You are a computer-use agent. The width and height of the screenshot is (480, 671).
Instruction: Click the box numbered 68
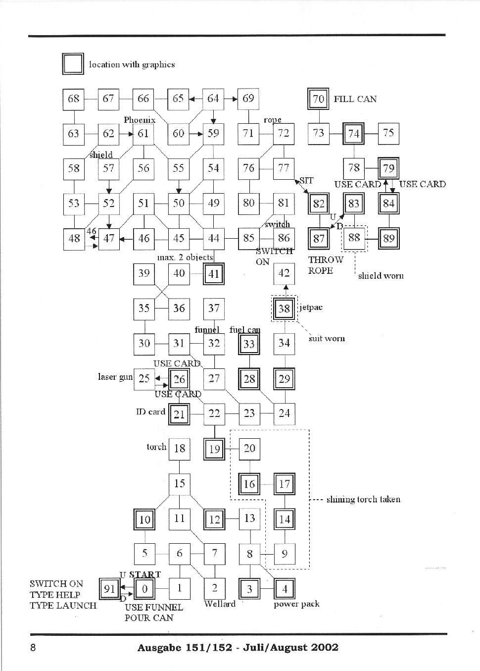(74, 99)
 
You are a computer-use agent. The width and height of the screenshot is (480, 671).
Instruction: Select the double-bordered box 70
(319, 99)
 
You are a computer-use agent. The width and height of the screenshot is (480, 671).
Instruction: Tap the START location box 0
(144, 589)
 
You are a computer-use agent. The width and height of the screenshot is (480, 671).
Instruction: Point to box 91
(109, 589)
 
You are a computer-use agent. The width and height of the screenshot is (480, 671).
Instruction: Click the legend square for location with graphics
(73, 64)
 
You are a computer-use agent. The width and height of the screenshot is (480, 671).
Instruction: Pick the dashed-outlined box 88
(354, 238)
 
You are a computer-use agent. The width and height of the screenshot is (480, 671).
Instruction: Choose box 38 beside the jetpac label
(284, 309)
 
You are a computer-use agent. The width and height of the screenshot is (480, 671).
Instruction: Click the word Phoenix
(140, 120)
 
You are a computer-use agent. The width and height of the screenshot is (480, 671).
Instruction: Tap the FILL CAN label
(355, 99)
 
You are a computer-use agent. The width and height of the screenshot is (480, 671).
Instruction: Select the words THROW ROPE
(325, 265)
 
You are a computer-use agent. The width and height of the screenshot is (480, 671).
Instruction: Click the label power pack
(296, 604)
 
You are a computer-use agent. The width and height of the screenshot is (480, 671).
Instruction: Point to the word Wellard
(220, 604)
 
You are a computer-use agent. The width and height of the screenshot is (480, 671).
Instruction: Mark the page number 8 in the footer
(33, 648)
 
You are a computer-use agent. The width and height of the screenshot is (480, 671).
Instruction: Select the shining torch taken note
(363, 499)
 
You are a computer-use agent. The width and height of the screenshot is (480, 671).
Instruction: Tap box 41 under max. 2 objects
(214, 273)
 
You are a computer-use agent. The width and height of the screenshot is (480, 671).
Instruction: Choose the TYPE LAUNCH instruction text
(63, 605)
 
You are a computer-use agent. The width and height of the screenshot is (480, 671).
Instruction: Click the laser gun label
(115, 377)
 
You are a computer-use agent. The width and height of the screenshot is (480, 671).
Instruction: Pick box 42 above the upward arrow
(284, 273)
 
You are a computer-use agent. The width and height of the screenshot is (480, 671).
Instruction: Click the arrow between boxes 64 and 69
(231, 99)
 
